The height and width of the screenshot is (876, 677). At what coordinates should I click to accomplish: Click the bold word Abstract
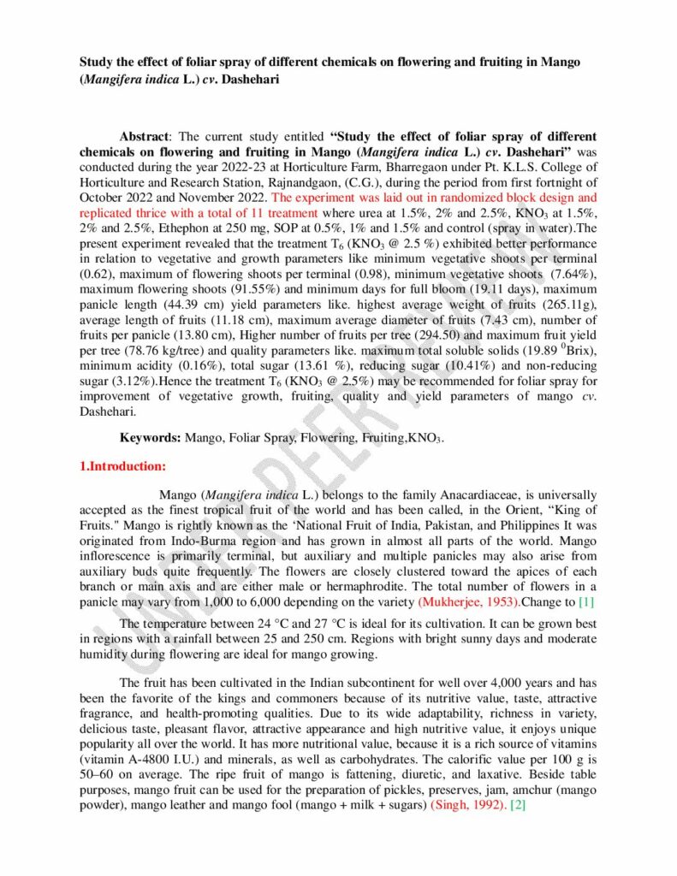tap(145, 137)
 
